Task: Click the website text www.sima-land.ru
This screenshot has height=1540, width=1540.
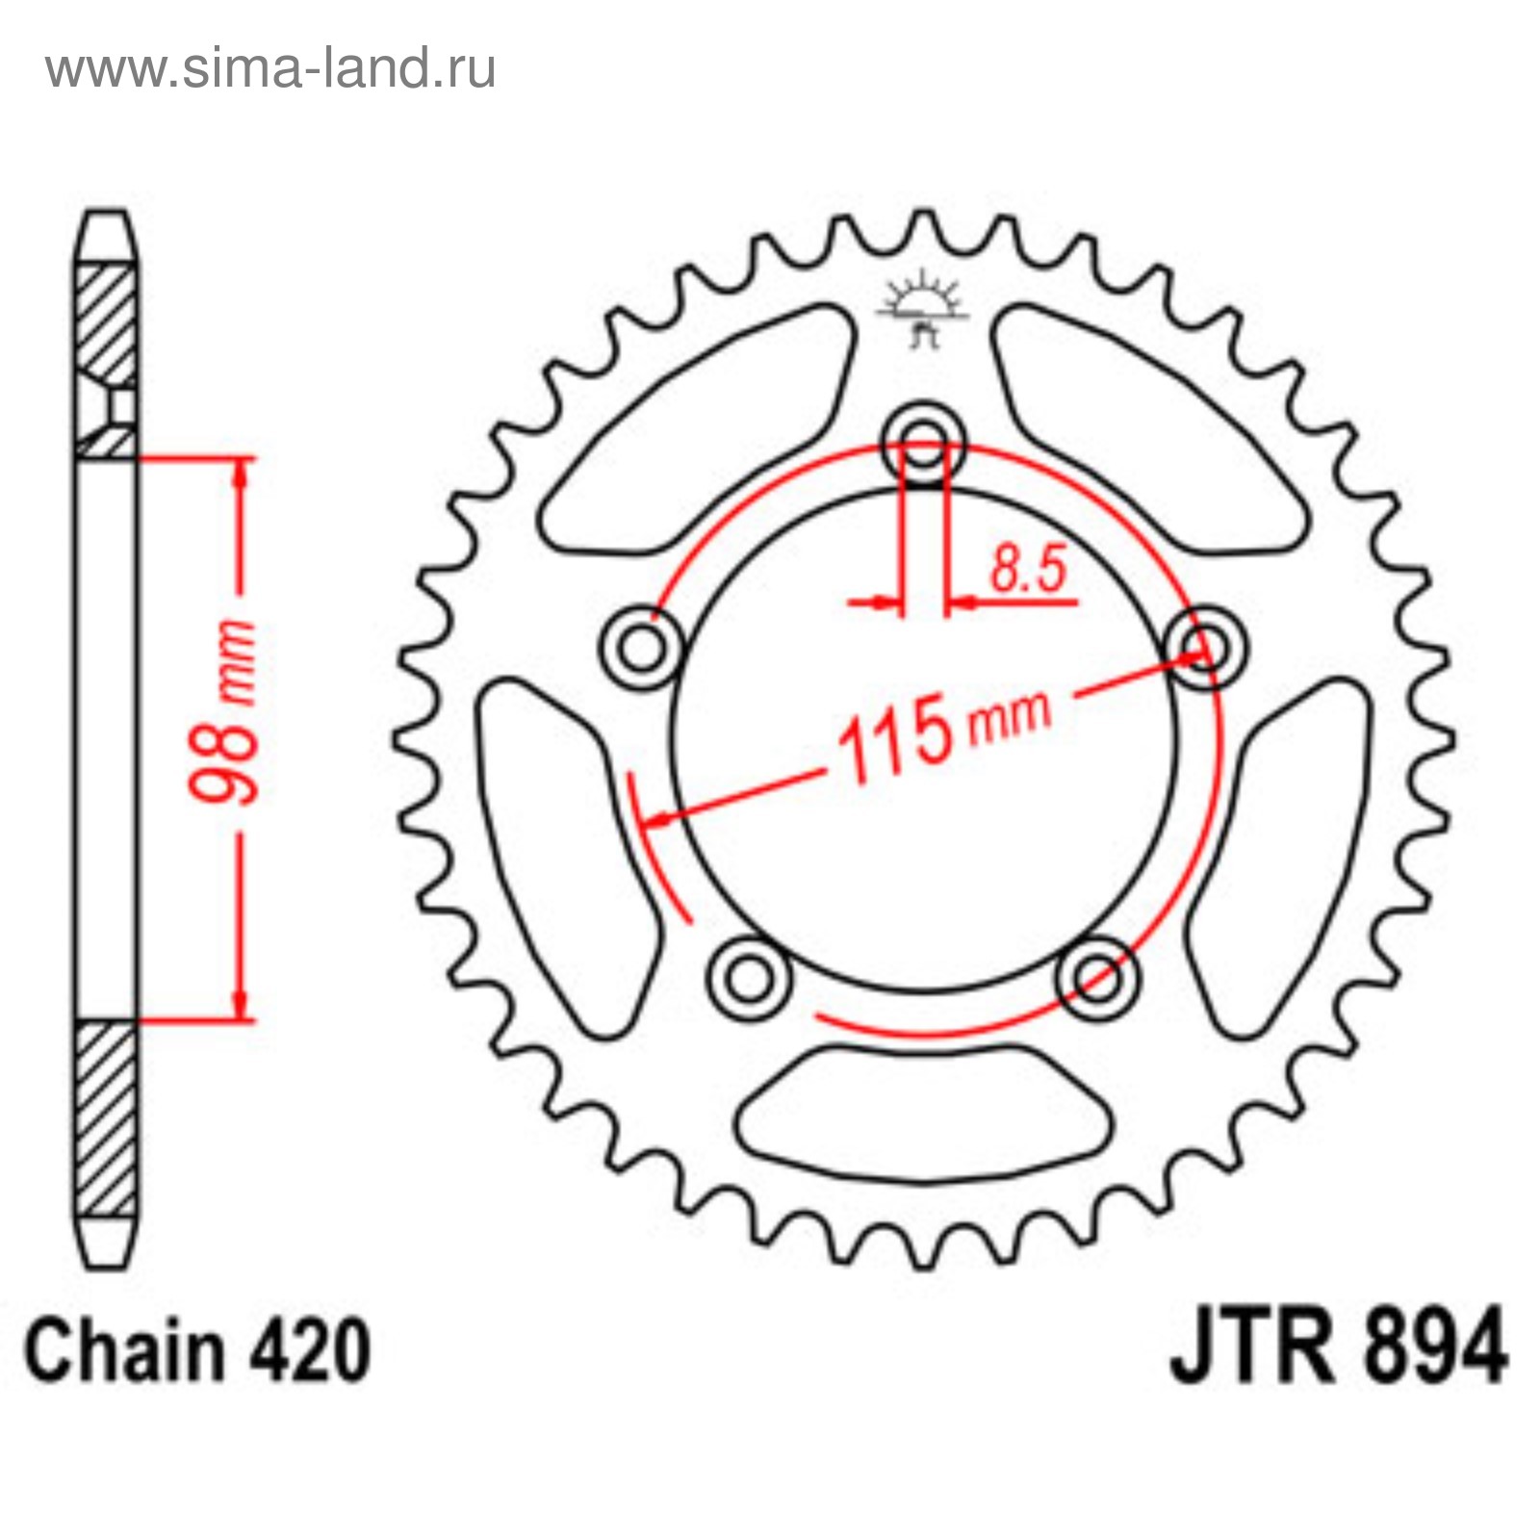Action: (270, 68)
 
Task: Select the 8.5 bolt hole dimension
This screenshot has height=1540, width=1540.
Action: (1029, 567)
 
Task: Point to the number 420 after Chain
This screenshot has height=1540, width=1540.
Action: (311, 1350)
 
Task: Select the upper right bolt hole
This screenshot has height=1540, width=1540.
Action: (1205, 647)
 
